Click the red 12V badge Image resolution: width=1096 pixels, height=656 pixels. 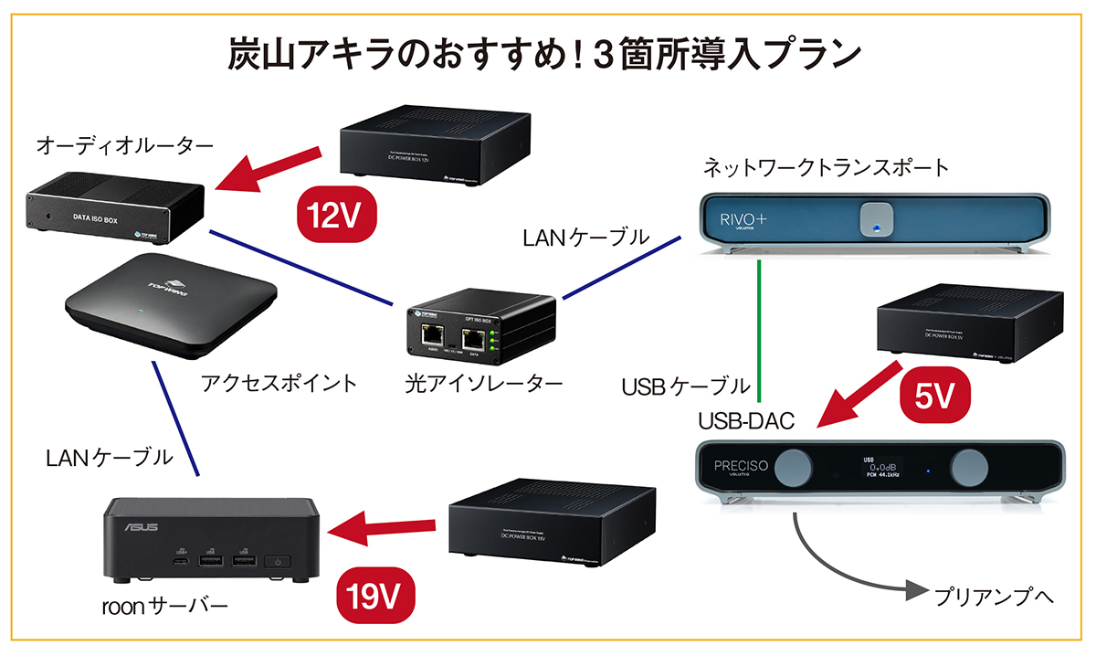(336, 215)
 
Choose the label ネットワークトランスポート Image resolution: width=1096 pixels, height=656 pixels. (827, 167)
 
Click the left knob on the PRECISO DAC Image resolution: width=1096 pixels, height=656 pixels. (797, 468)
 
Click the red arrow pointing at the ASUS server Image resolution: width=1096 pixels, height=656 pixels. (383, 528)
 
